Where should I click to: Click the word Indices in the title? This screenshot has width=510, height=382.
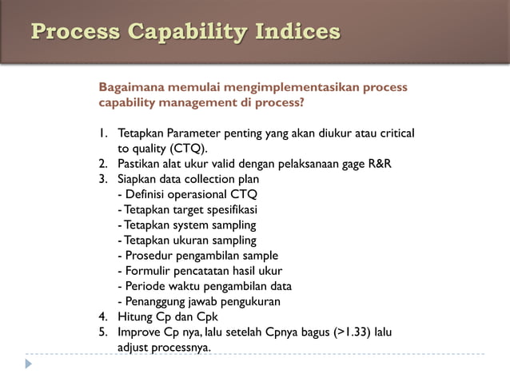point(297,32)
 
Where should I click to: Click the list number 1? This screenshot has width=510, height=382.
point(102,133)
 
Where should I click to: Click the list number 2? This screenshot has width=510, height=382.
point(103,164)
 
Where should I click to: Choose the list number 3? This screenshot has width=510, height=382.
point(103,179)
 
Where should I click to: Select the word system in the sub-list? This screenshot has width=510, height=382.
point(189,225)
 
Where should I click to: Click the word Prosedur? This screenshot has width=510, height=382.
point(149,255)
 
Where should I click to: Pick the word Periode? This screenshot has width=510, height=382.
point(146,285)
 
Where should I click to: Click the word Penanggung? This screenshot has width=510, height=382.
point(156,301)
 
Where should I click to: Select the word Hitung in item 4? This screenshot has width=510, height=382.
point(134,316)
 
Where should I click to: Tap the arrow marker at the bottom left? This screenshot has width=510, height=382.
point(29,364)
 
